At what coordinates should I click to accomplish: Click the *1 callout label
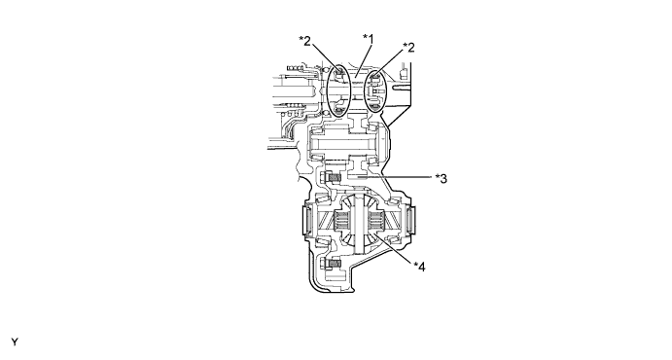click(x=369, y=39)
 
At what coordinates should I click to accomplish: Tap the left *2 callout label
click(x=304, y=41)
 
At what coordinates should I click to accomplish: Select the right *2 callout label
click(x=408, y=47)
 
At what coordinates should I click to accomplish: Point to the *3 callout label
click(x=441, y=178)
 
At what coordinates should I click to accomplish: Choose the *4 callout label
click(x=419, y=267)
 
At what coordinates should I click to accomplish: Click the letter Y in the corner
click(x=15, y=342)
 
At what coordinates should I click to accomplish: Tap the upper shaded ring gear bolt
click(x=334, y=176)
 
